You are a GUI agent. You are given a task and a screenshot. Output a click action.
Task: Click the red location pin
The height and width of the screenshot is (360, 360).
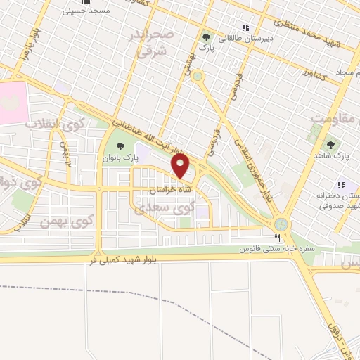click(181, 167)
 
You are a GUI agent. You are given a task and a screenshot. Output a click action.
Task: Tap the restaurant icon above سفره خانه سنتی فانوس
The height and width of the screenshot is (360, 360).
click(276, 238)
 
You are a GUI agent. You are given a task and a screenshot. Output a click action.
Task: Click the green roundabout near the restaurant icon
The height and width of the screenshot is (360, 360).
click(282, 224)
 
